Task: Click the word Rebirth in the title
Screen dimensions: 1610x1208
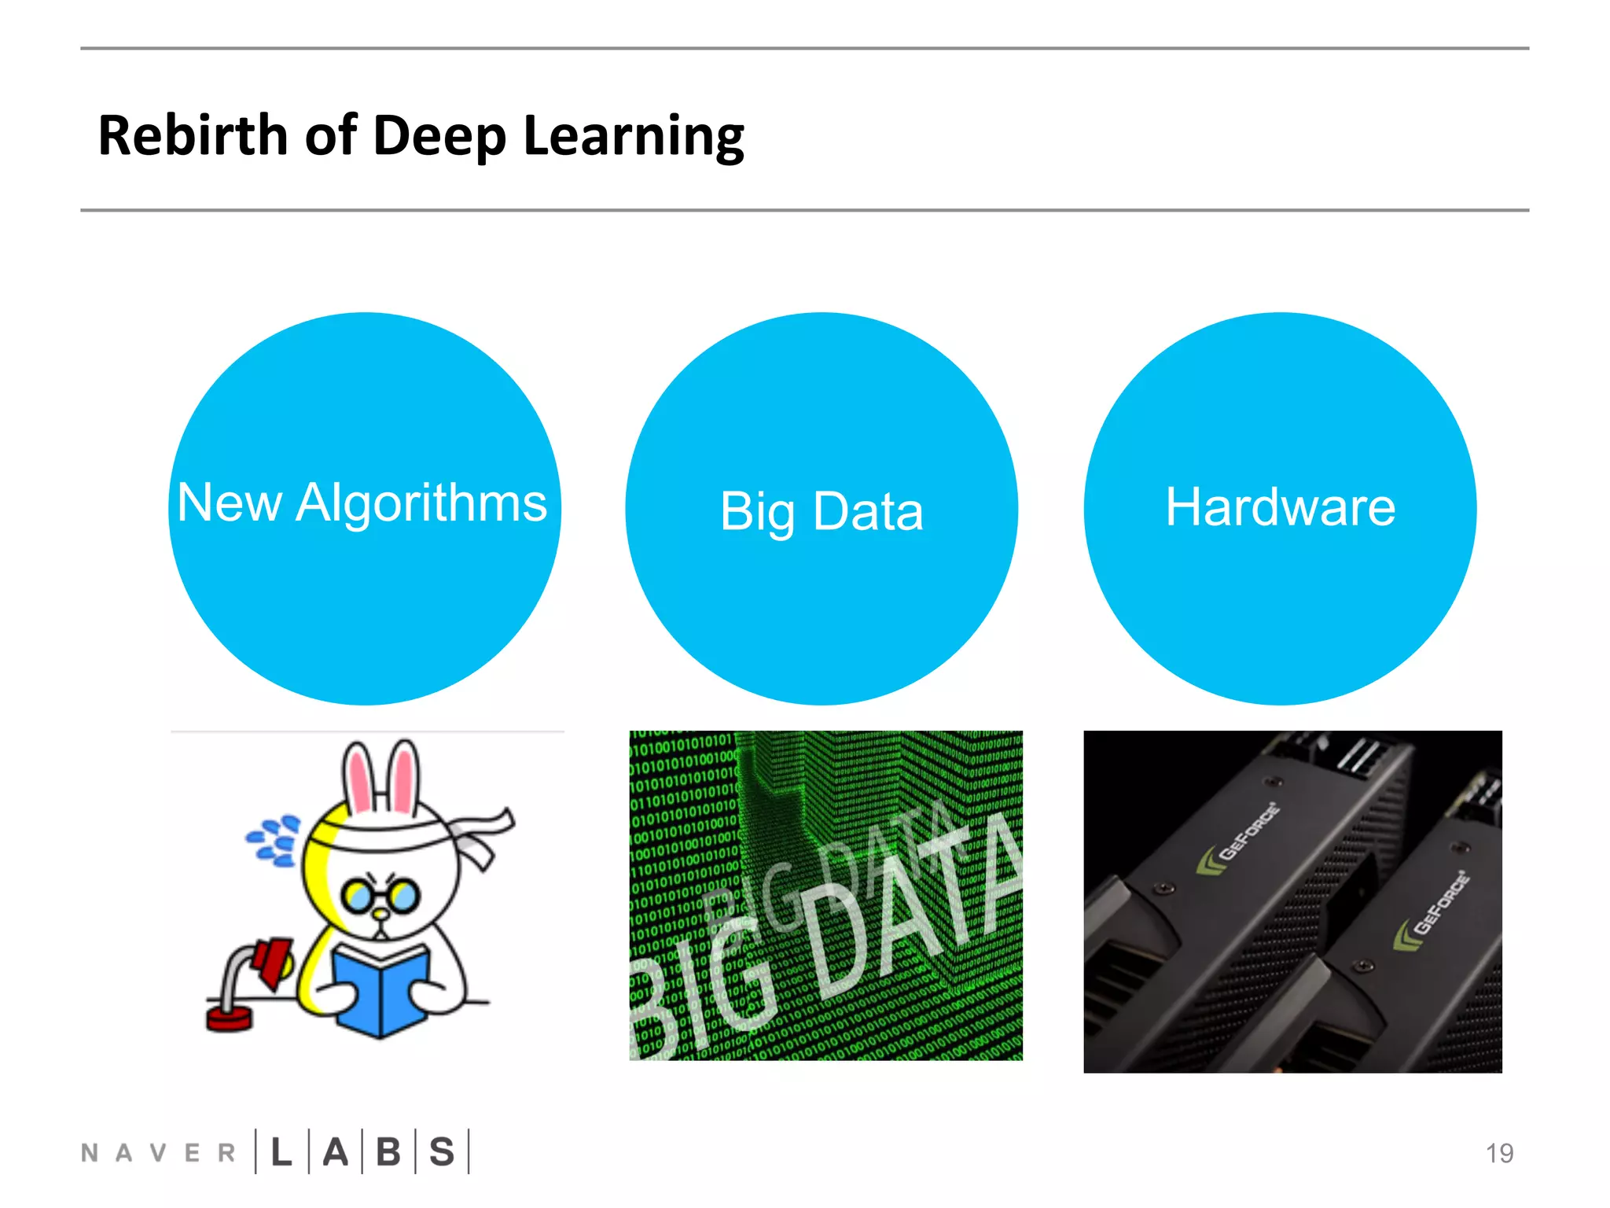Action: pyautogui.click(x=193, y=135)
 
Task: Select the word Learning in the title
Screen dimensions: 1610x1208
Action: pyautogui.click(x=633, y=137)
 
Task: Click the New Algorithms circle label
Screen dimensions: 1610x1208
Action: pyautogui.click(x=362, y=503)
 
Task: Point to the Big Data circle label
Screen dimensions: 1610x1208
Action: pyautogui.click(x=822, y=511)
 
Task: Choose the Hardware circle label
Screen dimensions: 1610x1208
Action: pyautogui.click(x=1281, y=506)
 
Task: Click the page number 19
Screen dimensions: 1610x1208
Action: pyautogui.click(x=1499, y=1153)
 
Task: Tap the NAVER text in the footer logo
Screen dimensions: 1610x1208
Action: pyautogui.click(x=158, y=1153)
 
